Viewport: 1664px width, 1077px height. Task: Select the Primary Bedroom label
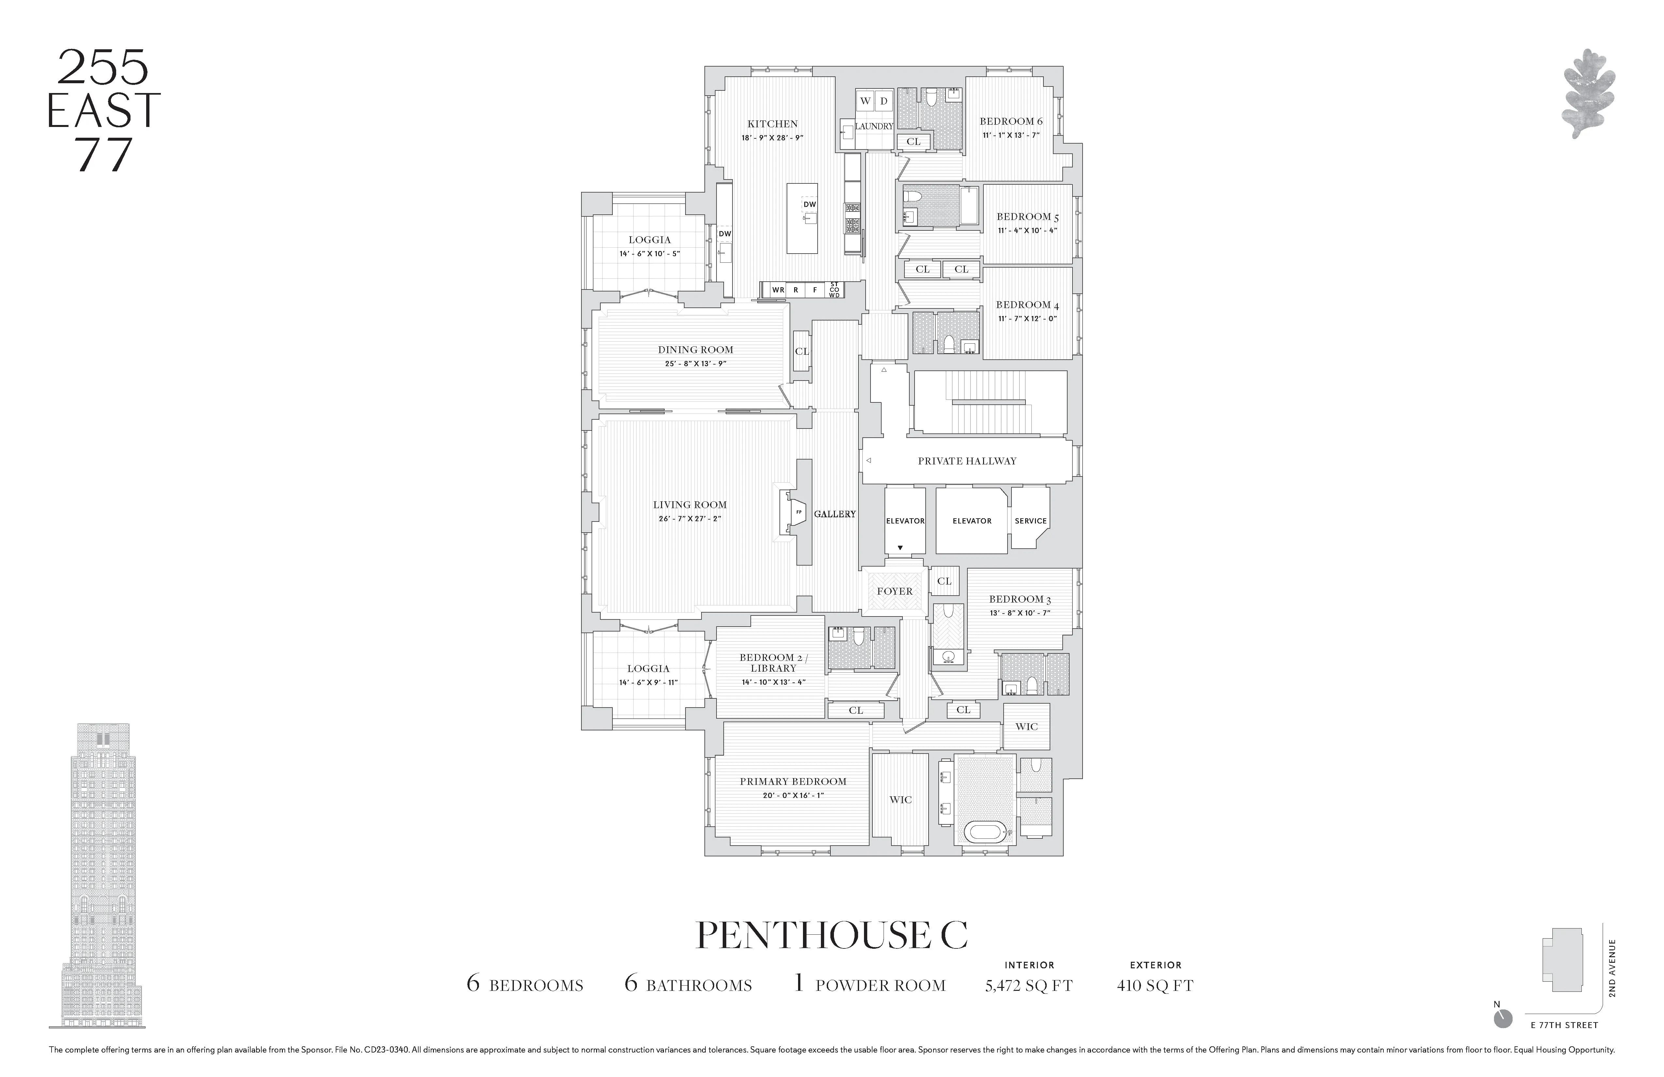point(793,781)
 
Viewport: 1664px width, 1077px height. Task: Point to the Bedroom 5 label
point(1027,217)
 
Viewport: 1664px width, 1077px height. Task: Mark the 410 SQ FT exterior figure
point(1155,985)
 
